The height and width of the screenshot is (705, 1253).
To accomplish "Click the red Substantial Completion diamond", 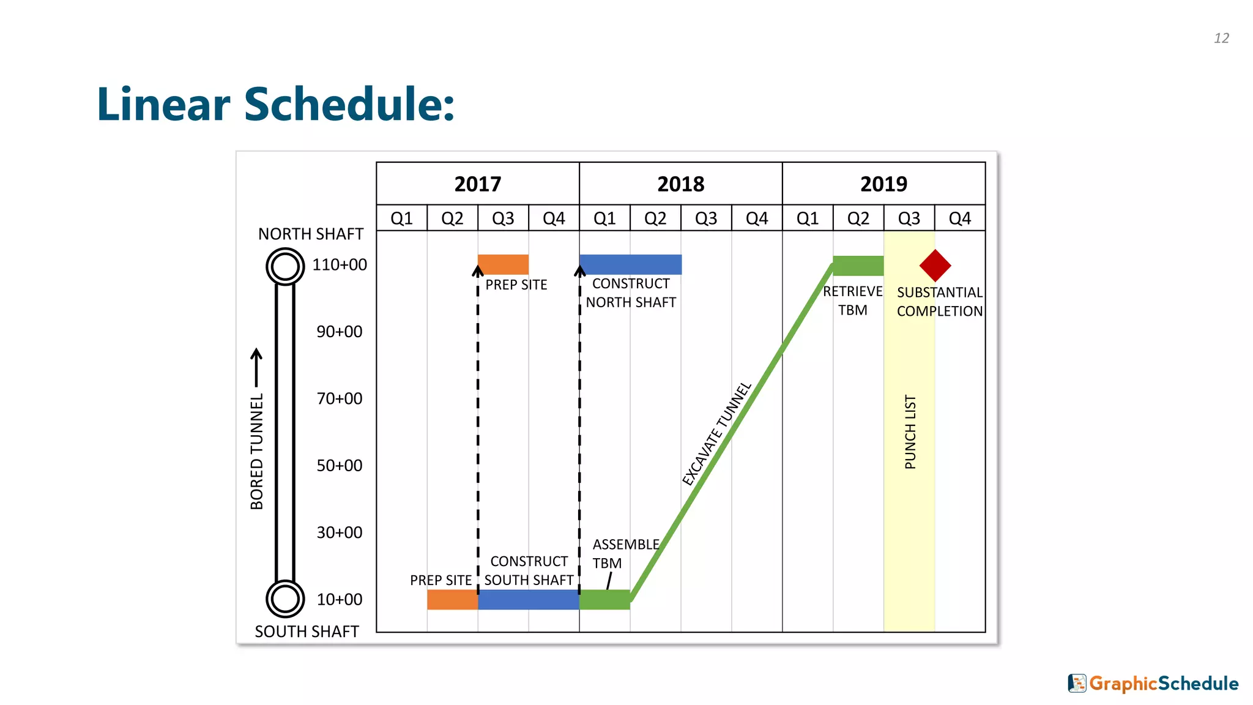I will (935, 266).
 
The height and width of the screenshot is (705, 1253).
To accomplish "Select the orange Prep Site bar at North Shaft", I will (503, 264).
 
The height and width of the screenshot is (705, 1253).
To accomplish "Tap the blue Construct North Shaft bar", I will (630, 264).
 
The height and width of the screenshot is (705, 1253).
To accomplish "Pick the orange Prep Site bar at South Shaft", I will (452, 600).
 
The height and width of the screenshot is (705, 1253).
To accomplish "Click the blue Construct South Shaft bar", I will (529, 600).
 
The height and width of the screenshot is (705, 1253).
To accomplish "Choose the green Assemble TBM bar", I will (604, 600).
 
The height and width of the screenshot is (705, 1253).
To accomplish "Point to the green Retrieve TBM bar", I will (858, 266).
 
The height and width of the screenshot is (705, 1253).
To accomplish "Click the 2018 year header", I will (680, 184).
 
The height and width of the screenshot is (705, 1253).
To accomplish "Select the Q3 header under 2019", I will (909, 218).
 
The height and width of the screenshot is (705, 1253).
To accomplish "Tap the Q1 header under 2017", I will (401, 218).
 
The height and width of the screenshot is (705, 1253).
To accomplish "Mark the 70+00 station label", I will (340, 398).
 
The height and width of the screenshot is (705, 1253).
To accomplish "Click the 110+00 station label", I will (340, 264).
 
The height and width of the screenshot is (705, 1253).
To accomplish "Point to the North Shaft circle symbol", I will (285, 266).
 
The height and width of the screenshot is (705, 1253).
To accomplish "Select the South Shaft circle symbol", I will (285, 599).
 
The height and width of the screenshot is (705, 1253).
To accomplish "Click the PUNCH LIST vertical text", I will (910, 431).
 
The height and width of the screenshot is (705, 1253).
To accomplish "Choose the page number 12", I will (1221, 38).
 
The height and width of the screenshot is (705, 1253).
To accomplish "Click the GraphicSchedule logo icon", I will (1077, 683).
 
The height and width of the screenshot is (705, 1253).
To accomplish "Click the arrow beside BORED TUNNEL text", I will (257, 367).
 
